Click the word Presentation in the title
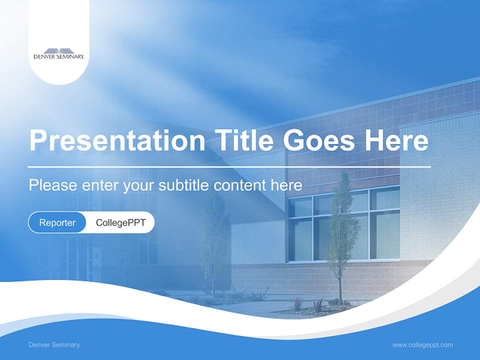[x=117, y=141]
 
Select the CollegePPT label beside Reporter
[x=120, y=222]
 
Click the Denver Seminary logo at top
[x=59, y=53]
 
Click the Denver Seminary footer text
[x=54, y=345]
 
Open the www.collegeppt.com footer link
[x=422, y=345]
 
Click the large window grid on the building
[x=344, y=225]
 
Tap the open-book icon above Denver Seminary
[x=59, y=50]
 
